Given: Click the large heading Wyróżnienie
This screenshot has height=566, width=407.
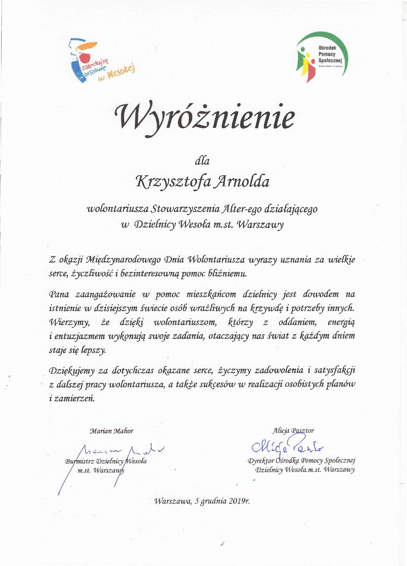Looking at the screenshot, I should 205,116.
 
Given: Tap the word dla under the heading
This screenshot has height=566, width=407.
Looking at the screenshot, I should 202,161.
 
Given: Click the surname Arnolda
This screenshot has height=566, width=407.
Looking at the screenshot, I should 242,181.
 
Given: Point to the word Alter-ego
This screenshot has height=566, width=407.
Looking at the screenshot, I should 241,209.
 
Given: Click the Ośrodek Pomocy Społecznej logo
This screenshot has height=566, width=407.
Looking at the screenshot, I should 321,57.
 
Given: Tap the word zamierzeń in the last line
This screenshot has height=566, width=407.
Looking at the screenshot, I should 74,399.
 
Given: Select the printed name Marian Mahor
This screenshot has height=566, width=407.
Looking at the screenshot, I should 112,431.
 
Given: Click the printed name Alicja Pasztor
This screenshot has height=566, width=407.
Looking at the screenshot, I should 293,431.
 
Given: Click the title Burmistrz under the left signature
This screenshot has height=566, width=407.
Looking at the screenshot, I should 79,461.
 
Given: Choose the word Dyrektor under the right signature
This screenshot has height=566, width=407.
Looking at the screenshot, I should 261,461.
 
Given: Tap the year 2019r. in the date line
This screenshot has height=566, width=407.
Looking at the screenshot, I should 239,501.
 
